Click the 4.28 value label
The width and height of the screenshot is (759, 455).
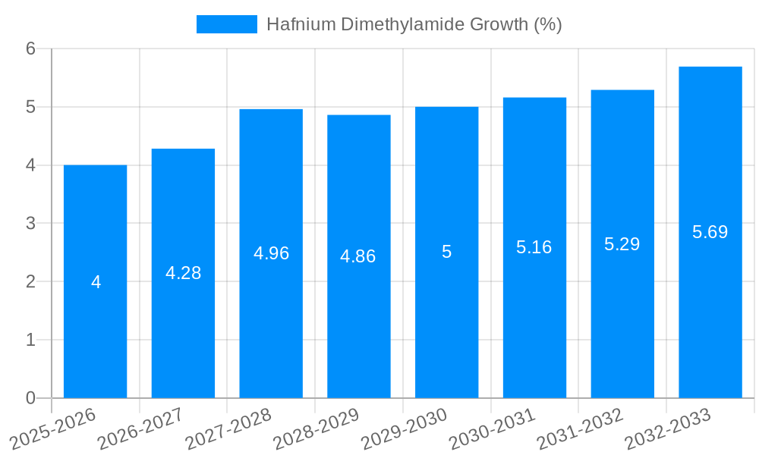pos(183,273)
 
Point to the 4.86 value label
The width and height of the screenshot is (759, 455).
pos(358,256)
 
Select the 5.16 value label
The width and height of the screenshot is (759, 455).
pos(534,247)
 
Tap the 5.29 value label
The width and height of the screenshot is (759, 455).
pos(622,244)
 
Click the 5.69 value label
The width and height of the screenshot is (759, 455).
pos(710,232)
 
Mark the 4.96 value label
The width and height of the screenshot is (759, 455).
pos(271,253)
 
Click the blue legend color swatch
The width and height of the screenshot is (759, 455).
pos(226,24)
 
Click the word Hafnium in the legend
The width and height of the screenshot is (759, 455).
pos(301,24)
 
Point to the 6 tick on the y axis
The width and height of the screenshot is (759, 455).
pos(31,49)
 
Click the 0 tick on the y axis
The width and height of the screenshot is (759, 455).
pos(31,398)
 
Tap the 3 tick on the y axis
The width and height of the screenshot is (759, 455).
pos(31,224)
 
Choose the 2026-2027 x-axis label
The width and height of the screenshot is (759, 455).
pos(141,428)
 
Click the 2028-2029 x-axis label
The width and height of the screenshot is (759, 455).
pos(317,428)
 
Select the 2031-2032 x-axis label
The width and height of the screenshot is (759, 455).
pos(581,428)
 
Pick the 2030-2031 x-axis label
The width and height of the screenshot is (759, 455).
pos(493,428)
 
